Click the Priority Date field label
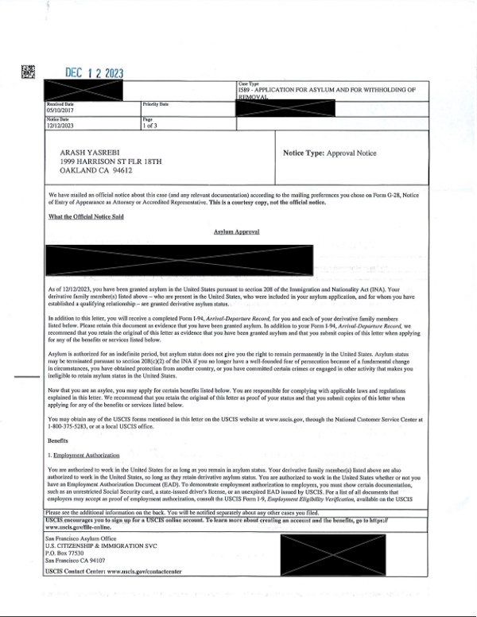[156, 104]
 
